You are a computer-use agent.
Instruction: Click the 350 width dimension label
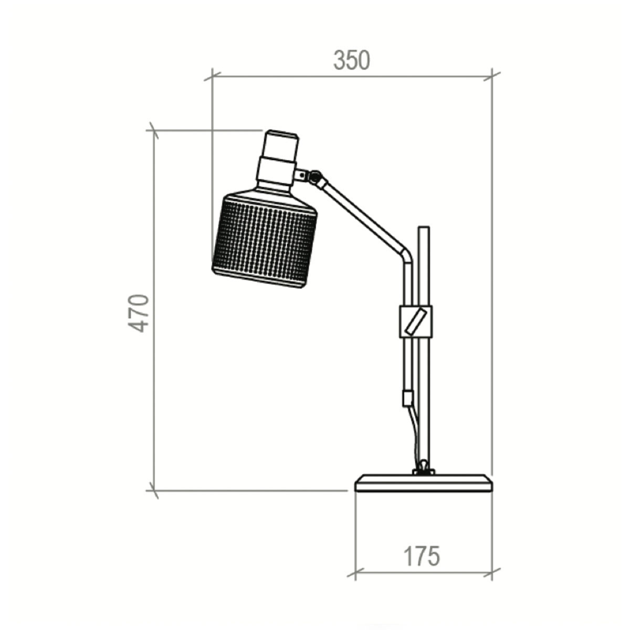pos(351,61)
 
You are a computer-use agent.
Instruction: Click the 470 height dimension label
pos(140,313)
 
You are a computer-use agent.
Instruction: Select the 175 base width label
pos(421,556)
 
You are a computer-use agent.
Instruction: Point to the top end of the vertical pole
pos(423,229)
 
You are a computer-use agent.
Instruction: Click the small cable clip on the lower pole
pos(407,397)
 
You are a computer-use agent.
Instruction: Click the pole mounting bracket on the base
pos(423,469)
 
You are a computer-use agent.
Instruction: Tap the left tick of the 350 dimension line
pos(212,77)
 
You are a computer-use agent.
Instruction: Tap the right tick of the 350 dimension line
pos(492,77)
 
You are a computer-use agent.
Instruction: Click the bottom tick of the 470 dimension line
pos(154,491)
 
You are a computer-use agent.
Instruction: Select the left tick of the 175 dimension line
pos(355,573)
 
